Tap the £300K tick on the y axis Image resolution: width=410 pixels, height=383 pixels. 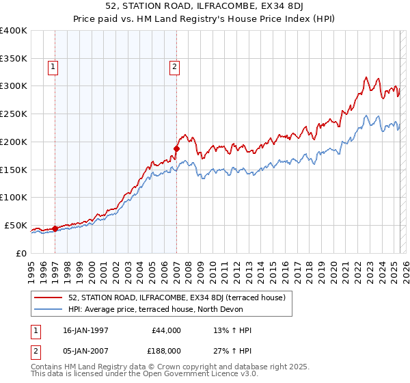click(14, 86)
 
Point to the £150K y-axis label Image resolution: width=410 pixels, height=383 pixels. click(14, 170)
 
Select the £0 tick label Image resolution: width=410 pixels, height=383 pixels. click(20, 253)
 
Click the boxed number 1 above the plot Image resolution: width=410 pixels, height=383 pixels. click(53, 66)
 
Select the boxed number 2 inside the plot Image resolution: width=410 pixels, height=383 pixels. click(174, 66)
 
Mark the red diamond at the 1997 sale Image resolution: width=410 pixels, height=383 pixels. click(55, 228)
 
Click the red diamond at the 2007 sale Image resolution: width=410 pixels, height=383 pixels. click(176, 148)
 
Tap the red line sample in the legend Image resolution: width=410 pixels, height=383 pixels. click(49, 298)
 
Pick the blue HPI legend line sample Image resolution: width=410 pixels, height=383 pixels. click(49, 309)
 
